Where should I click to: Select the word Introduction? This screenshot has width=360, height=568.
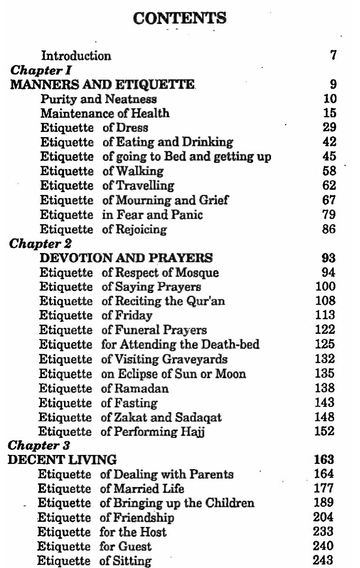76,56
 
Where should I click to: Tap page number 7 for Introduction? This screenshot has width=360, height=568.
333,56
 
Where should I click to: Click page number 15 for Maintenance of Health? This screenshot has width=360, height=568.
330,114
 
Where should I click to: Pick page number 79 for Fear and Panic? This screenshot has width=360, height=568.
329,215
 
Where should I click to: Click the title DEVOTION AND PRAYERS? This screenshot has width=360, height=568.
127,258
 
